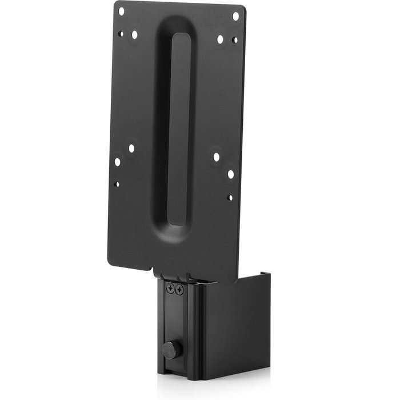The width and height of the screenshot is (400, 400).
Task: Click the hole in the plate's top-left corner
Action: point(121,10)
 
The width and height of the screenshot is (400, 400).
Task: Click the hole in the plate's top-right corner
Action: point(235,16)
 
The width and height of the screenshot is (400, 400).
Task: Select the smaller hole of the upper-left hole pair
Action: point(121,34)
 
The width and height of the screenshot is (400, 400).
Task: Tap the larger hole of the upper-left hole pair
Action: point(134,35)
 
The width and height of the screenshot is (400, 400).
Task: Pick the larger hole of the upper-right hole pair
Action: point(220,39)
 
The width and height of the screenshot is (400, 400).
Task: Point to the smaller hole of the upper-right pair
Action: point(234,40)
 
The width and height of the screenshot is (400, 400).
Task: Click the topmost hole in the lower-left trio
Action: point(131,148)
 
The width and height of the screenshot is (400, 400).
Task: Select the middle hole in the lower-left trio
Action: point(117,162)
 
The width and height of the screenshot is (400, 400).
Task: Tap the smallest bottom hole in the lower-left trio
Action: point(117,184)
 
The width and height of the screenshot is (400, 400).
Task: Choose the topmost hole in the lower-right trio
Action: point(217,156)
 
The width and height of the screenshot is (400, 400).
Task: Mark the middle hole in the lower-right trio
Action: point(230,174)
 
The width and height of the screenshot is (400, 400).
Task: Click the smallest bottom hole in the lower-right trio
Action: point(230,197)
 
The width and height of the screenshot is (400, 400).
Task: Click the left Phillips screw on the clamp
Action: point(170,290)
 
